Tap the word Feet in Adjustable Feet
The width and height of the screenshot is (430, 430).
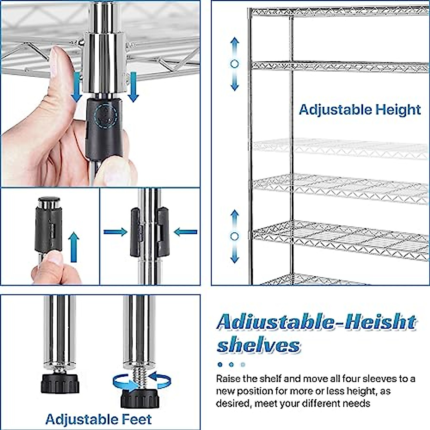click(136, 419)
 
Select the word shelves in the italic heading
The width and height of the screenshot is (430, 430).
click(258, 345)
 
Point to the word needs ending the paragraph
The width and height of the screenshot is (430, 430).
click(354, 403)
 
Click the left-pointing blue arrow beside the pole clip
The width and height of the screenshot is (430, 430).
click(186, 232)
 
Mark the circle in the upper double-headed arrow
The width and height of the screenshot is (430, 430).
click(235, 64)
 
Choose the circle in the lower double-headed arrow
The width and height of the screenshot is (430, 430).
click(235, 236)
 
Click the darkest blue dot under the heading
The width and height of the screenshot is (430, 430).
click(220, 365)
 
